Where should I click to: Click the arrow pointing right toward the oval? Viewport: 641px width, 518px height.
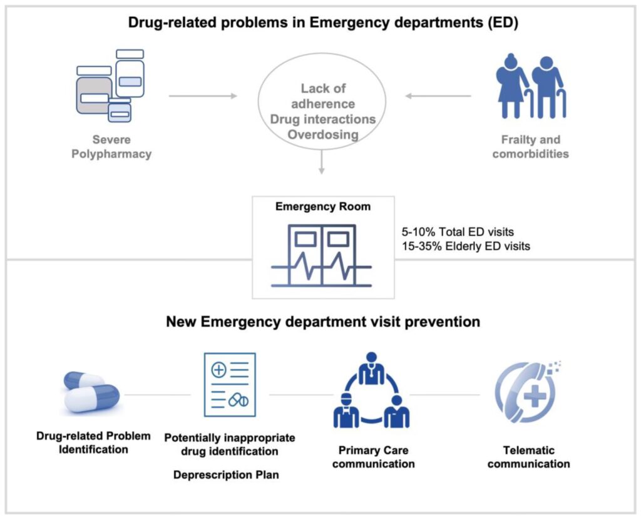[x=203, y=96]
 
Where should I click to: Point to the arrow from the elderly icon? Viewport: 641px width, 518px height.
[x=438, y=96]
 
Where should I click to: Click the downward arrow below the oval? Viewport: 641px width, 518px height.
[x=321, y=164]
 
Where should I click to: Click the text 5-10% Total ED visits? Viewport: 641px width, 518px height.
[x=459, y=232]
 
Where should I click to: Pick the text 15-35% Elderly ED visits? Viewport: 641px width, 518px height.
[x=467, y=246]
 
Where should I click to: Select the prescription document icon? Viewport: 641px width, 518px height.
[x=230, y=385]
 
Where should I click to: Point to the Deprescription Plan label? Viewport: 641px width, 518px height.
[x=226, y=475]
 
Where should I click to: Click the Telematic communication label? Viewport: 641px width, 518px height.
[x=528, y=457]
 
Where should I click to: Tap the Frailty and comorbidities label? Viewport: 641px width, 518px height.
[x=530, y=147]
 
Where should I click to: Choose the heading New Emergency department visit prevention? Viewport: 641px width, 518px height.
[x=322, y=322]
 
